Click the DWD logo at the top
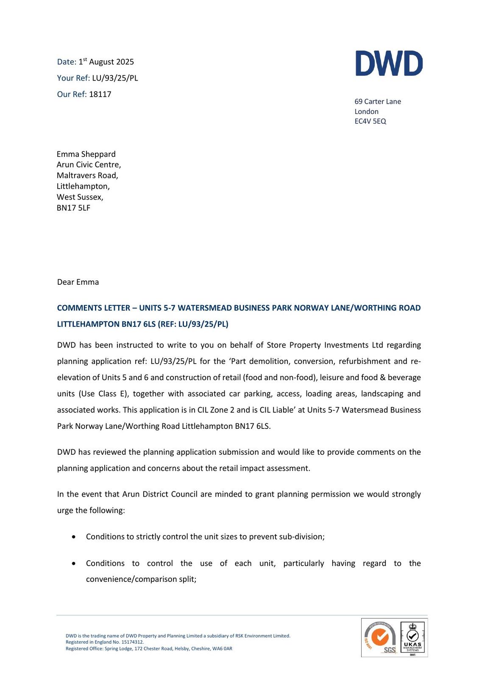point(389,64)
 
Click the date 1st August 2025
point(106,62)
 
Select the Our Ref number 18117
point(100,94)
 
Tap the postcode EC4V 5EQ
point(370,121)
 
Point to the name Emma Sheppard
point(86,154)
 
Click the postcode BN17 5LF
point(73,208)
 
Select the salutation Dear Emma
point(78,282)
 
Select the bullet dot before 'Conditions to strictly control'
point(74,537)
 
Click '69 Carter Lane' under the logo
point(378,102)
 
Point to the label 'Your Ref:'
point(73,78)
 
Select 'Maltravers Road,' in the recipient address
point(87,175)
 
